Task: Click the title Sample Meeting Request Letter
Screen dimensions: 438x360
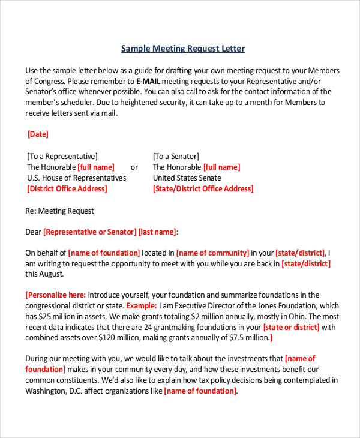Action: [x=183, y=49]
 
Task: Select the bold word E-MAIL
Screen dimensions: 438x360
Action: [x=148, y=80]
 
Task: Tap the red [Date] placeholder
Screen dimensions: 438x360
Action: [x=38, y=134]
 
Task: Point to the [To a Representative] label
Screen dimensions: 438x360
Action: [x=62, y=156]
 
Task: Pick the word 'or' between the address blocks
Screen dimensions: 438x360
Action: [x=134, y=167]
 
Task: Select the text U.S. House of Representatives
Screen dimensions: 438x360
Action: [x=77, y=178]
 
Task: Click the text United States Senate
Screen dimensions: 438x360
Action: [x=187, y=178]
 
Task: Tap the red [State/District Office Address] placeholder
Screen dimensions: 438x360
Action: [x=203, y=188]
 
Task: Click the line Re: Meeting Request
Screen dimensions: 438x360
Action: [x=60, y=211]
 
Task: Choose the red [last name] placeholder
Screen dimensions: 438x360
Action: [x=158, y=232]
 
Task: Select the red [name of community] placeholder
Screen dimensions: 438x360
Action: [x=212, y=253]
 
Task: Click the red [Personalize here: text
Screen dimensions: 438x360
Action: [x=56, y=295]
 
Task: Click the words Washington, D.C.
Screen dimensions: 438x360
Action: [x=56, y=391]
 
